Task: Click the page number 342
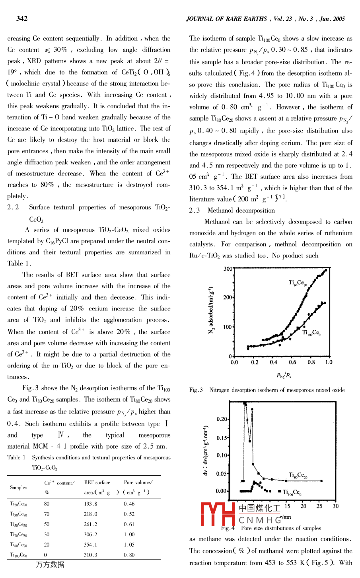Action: click(22, 18)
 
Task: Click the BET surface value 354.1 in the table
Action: click(91, 545)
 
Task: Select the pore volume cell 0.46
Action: click(129, 504)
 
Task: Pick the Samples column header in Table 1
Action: click(19, 487)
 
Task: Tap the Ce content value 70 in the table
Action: click(47, 514)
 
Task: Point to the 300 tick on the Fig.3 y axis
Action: click(228, 269)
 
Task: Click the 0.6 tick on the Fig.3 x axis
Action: click(292, 362)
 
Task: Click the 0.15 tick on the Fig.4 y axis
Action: click(222, 438)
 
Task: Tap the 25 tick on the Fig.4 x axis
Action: click(319, 506)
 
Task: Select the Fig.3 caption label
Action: click(196, 390)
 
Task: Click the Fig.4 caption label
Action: click(228, 528)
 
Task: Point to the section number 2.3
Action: click(195, 211)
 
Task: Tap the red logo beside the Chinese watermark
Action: click(218, 514)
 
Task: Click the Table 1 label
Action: click(16, 457)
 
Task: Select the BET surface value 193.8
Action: click(91, 504)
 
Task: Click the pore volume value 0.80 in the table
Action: click(129, 555)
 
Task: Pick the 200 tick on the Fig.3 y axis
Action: click(228, 297)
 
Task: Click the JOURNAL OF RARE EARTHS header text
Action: click(227, 19)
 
